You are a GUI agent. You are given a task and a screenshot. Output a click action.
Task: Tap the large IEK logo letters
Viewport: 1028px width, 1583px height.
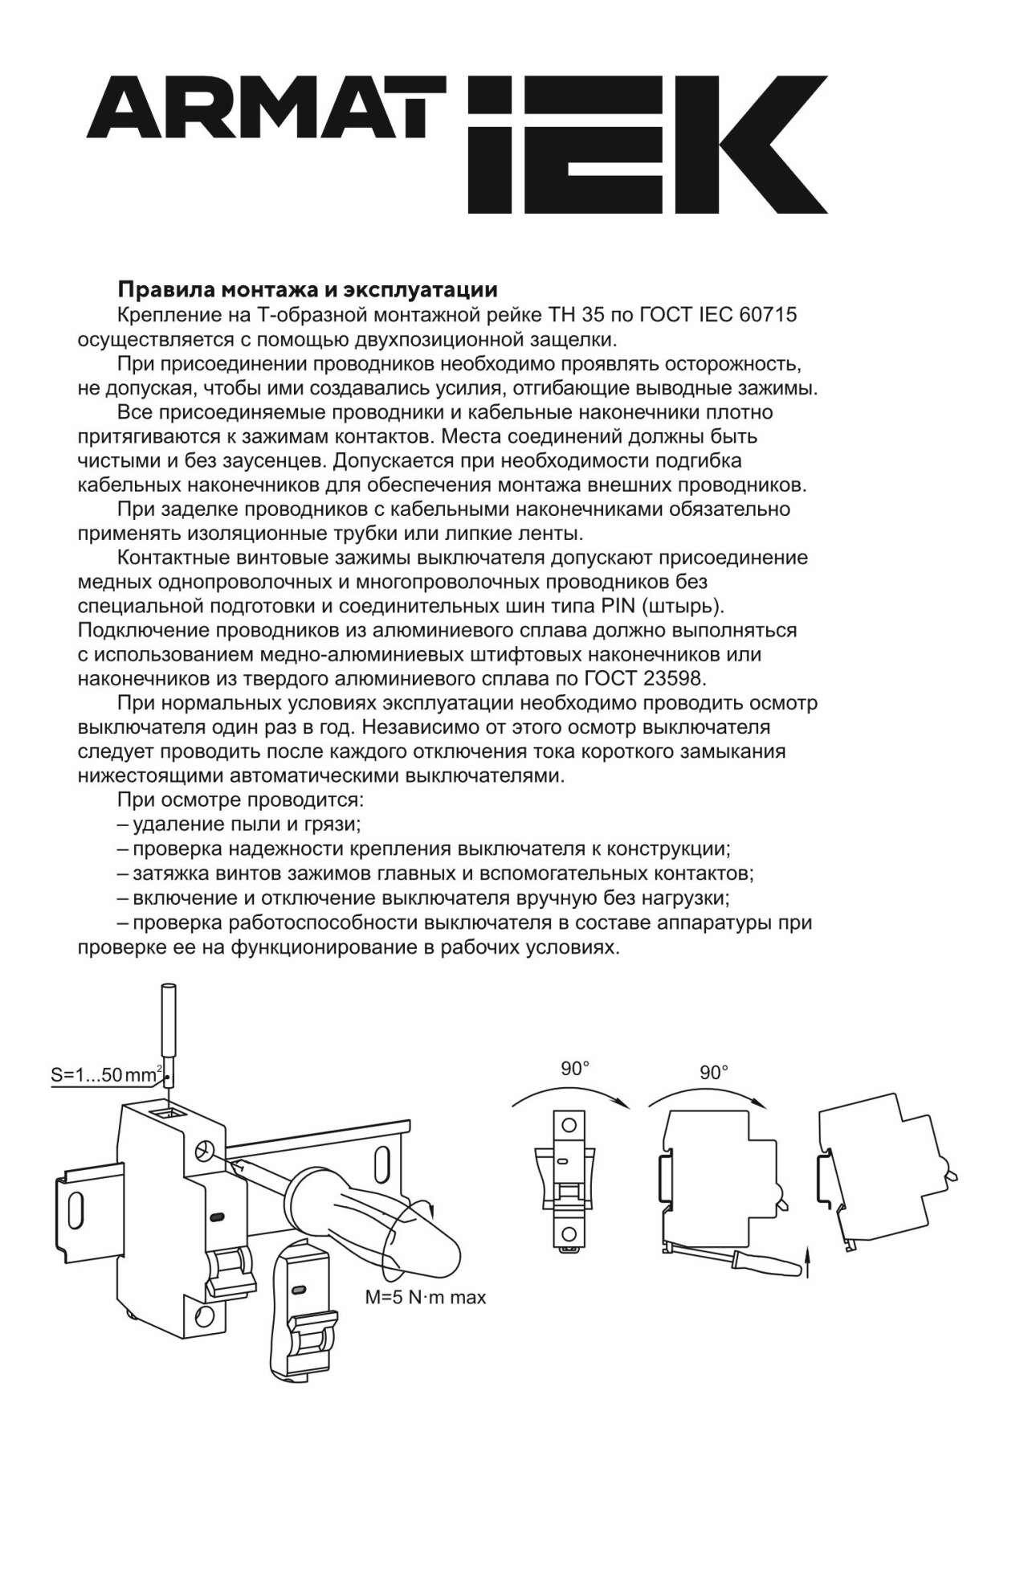tap(647, 145)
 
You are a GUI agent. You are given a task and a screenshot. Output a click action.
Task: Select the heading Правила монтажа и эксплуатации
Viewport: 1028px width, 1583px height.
tap(308, 289)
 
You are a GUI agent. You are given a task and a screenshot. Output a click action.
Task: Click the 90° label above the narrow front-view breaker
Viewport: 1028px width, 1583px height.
tap(575, 1069)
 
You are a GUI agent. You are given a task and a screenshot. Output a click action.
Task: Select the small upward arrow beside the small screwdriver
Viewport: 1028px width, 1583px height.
tap(808, 1262)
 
